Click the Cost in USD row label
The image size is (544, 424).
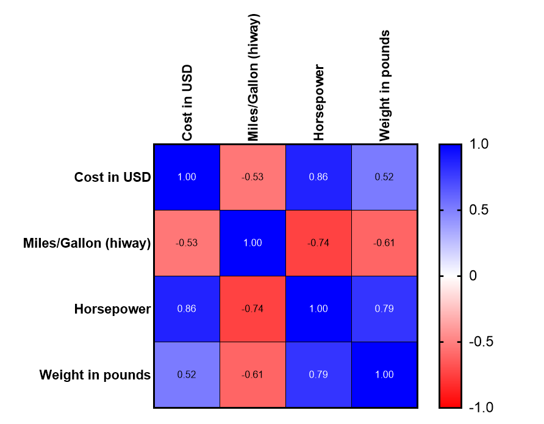(113, 177)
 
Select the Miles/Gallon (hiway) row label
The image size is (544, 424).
(95, 243)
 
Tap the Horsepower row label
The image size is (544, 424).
(112, 309)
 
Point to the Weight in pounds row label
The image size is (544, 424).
(95, 375)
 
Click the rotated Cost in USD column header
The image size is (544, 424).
(187, 103)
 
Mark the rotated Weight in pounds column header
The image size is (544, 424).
(384, 86)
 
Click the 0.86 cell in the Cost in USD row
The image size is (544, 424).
(318, 177)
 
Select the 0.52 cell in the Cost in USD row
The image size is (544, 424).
(384, 177)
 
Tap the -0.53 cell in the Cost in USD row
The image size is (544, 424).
(252, 177)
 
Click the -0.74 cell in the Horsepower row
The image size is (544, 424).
(252, 309)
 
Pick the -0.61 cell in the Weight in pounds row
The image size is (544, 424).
(252, 375)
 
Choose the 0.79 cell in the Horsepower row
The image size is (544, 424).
(384, 309)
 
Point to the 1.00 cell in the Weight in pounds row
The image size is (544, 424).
(384, 375)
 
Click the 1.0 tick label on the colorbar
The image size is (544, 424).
(478, 145)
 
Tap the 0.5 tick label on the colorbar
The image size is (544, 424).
(478, 210)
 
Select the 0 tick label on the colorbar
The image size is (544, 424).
(473, 276)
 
